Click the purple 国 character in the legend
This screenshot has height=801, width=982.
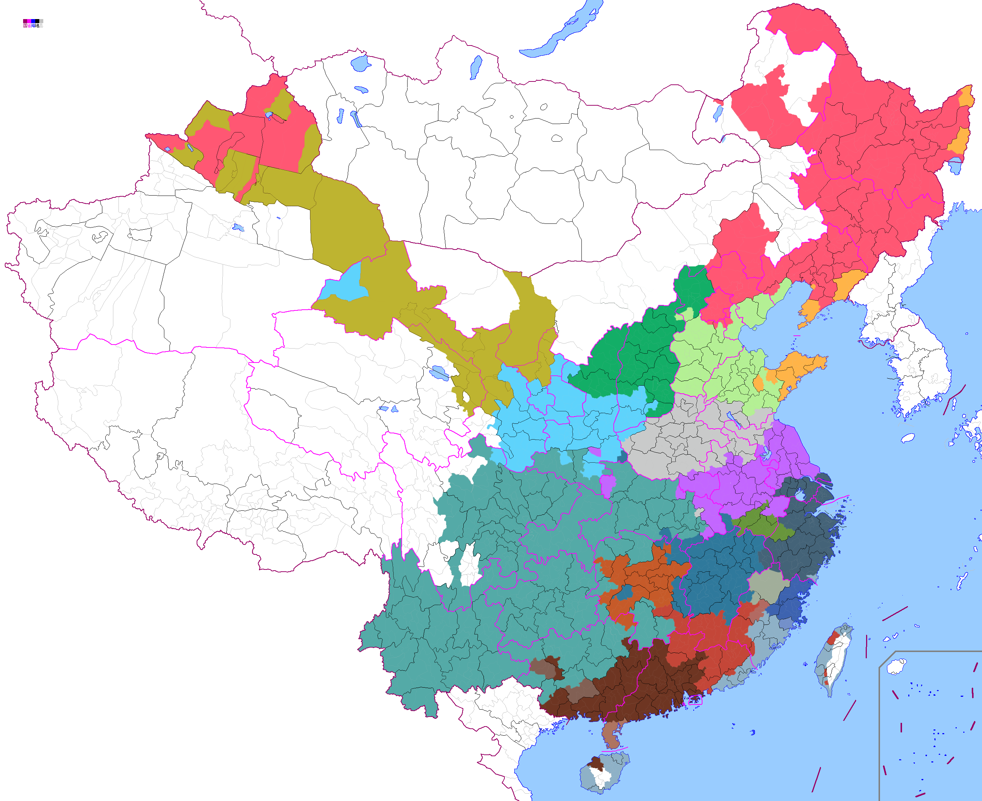pyautogui.click(x=25, y=26)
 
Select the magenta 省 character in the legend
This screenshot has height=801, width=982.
pyautogui.click(x=29, y=26)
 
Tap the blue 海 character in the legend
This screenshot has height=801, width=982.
pyautogui.click(x=33, y=26)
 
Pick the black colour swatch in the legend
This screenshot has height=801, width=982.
pyautogui.click(x=37, y=21)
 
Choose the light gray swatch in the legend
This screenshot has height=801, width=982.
pyautogui.click(x=41, y=21)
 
